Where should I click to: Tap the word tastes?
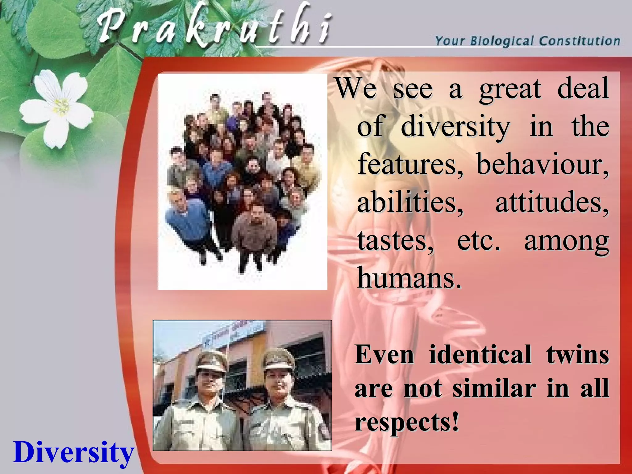point(395,241)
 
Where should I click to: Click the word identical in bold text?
point(480,354)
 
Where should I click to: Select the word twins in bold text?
point(577,354)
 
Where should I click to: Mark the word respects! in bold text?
point(407,422)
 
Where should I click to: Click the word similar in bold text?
point(494,388)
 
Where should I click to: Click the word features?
point(410,164)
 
